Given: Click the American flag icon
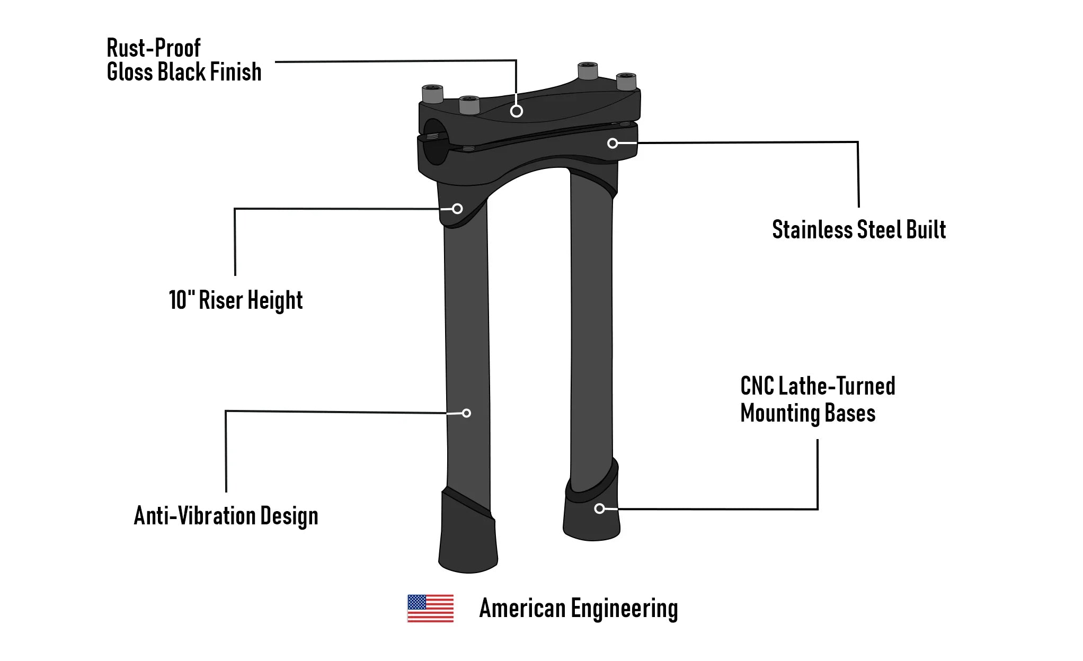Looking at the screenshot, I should point(430,608).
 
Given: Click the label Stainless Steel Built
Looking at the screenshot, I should point(858,230).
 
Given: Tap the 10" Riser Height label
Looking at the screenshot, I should point(235,300).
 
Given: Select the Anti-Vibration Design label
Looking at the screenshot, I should point(226,515).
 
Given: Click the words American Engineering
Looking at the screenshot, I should point(578,608).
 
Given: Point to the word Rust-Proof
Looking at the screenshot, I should point(154,48).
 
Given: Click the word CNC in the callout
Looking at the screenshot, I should point(757,386).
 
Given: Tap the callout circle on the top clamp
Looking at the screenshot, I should point(517,111).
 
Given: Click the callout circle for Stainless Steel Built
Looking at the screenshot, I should point(612,144).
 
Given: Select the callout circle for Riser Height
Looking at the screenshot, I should point(457,209).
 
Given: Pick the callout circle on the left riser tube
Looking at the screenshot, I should point(466,413).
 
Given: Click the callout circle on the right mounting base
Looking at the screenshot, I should point(599,508).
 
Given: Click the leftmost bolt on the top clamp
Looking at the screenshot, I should point(432,94).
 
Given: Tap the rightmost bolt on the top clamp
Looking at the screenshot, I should point(626,82).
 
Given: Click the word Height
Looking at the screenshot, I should point(275,300).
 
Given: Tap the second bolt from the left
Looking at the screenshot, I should point(469,105).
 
